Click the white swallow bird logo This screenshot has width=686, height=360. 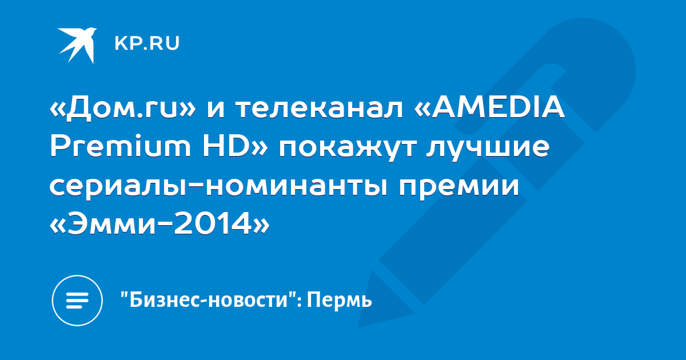pos(77,45)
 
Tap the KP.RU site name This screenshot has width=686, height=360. pos(147,43)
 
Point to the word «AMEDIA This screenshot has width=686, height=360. pos(489,108)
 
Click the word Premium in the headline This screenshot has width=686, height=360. pos(121,146)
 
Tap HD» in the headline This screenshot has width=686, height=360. pos(235,146)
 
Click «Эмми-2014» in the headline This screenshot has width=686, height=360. pos(159,223)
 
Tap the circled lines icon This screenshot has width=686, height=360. pos(77,300)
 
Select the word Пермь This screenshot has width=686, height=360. pos(340,301)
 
